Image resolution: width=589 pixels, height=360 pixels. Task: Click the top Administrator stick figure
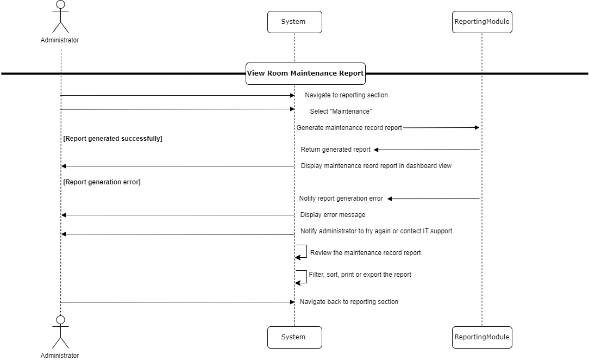(60, 17)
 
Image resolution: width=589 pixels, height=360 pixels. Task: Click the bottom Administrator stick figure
(60, 332)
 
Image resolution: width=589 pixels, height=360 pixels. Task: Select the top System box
(294, 22)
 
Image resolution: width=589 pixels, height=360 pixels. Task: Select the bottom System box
(294, 337)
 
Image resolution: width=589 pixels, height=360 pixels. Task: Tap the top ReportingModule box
(482, 22)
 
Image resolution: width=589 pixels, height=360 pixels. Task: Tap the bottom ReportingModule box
(482, 337)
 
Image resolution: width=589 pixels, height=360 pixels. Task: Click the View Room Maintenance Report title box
(305, 73)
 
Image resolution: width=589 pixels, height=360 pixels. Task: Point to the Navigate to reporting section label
(346, 95)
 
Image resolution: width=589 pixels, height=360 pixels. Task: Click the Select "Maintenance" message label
(341, 111)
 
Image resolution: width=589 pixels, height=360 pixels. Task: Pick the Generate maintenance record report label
(349, 128)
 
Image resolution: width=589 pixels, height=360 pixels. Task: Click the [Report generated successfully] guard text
(113, 139)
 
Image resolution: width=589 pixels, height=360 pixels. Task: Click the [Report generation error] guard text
(102, 182)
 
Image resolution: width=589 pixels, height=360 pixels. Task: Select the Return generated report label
(336, 150)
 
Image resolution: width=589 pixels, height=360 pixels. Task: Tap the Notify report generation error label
(341, 198)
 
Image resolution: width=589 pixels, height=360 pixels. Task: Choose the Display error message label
(333, 215)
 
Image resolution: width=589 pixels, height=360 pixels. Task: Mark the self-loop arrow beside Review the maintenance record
(302, 251)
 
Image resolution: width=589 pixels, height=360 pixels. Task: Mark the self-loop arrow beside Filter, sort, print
(302, 277)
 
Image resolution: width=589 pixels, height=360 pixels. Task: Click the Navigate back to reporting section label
(349, 302)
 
